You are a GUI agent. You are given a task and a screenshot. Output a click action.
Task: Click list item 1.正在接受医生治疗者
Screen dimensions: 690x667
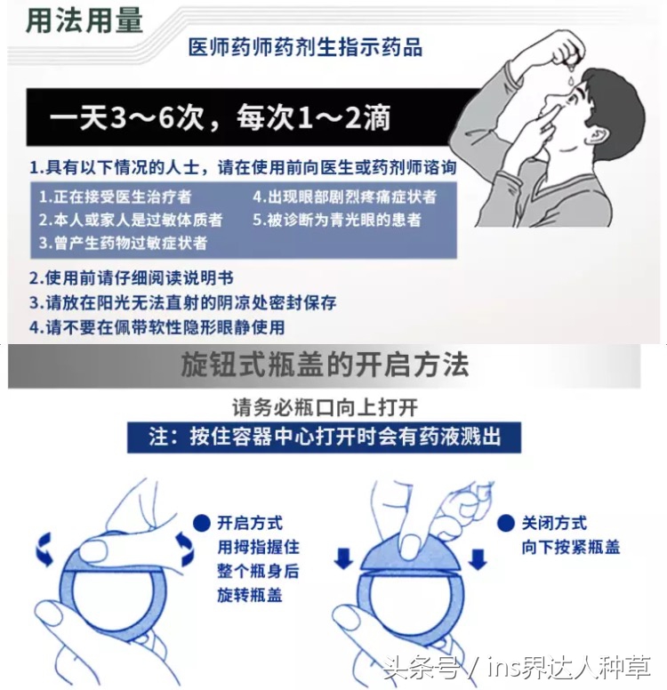pos(115,196)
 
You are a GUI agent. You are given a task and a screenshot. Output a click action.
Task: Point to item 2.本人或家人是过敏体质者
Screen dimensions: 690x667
pos(130,219)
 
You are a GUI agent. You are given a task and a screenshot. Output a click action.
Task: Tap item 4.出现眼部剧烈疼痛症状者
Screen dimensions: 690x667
pos(344,196)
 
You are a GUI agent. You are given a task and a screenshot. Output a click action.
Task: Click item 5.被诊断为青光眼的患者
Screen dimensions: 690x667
pos(337,219)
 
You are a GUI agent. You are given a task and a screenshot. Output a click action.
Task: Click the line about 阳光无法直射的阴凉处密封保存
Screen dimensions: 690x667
pos(182,302)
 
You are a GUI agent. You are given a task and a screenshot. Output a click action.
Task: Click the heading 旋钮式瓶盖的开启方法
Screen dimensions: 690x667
pos(325,365)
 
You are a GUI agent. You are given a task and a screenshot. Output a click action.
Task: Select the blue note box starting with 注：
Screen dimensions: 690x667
pos(324,437)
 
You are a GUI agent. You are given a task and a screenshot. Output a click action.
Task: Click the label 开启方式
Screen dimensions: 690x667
pos(249,523)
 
